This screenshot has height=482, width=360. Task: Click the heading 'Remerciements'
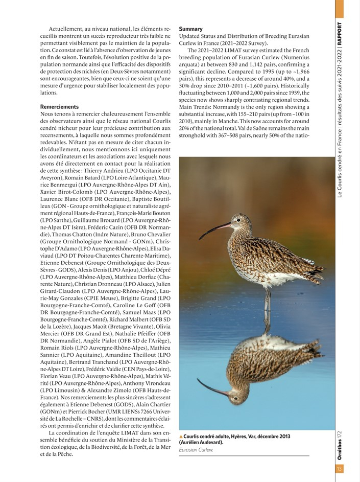pyautogui.click(x=60, y=106)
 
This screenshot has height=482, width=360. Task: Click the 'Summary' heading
pyautogui.click(x=190, y=29)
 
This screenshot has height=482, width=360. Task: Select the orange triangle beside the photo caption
pyautogui.click(x=181, y=435)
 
